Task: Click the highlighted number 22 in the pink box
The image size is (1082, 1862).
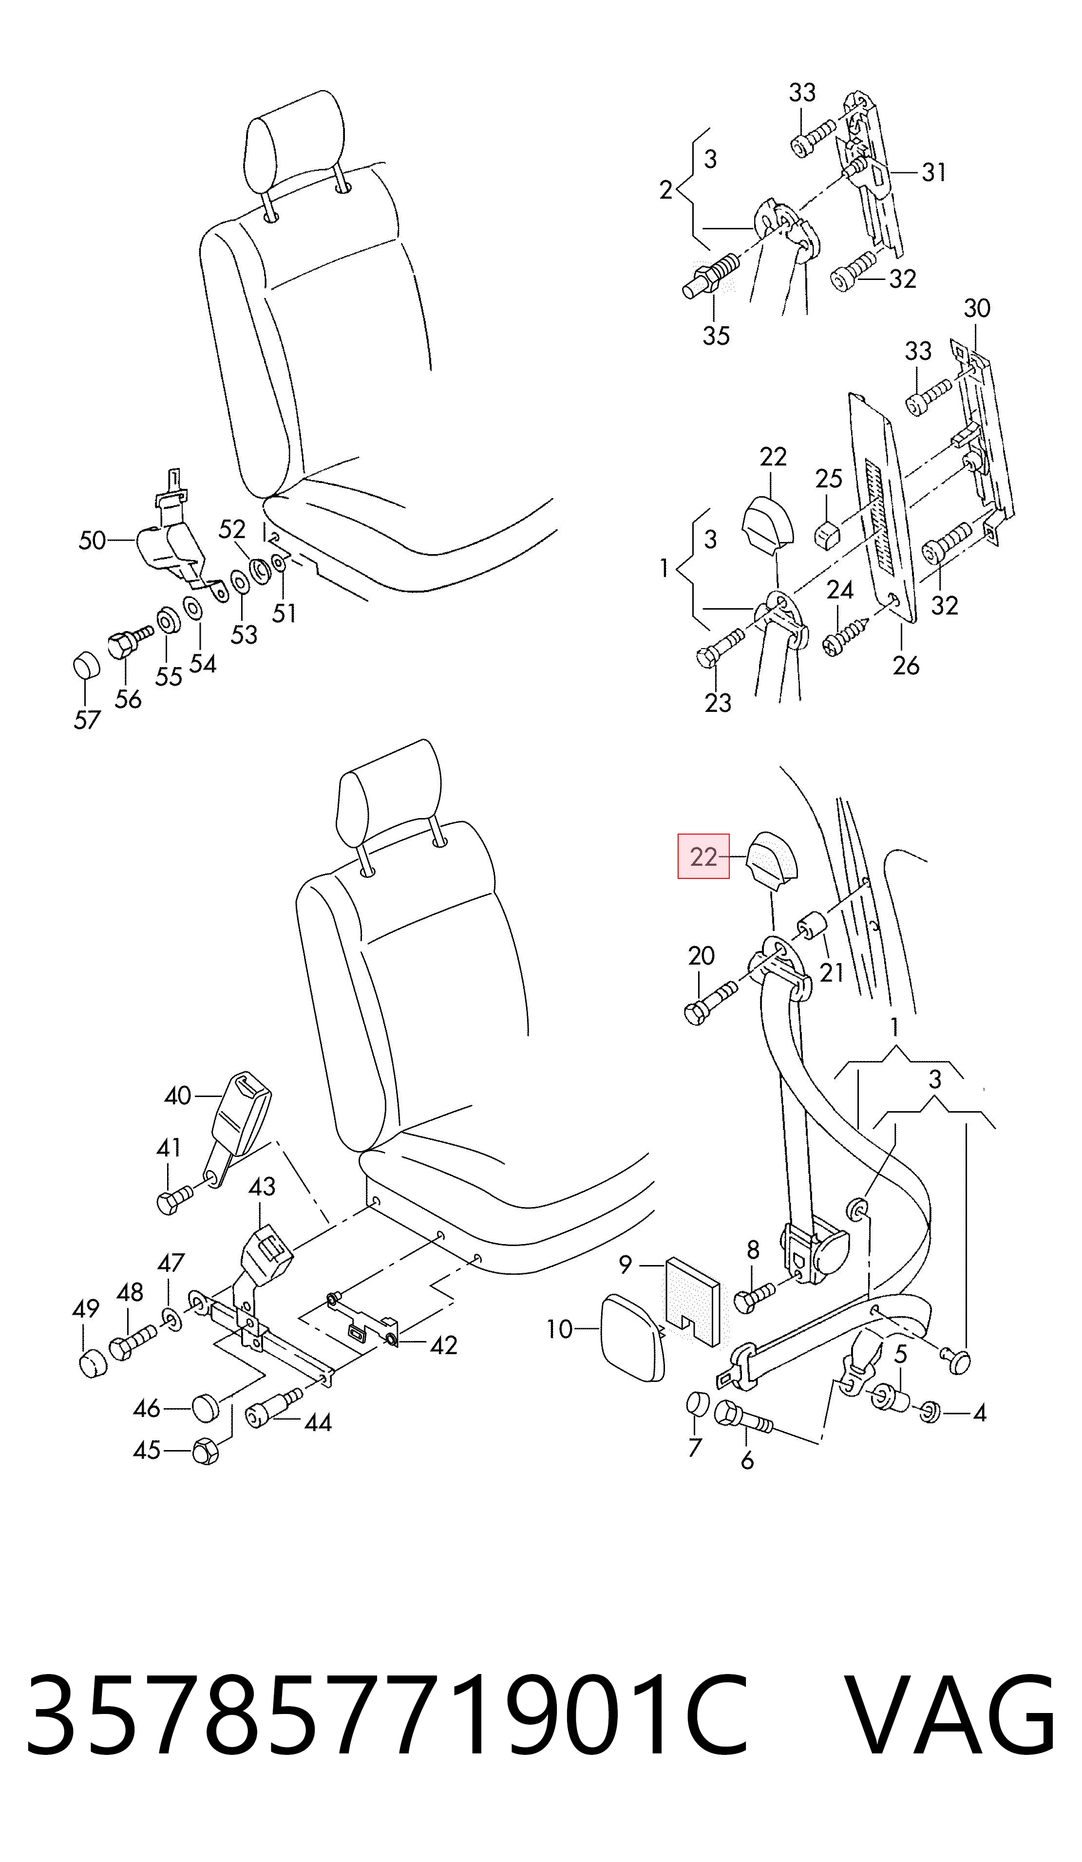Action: [703, 857]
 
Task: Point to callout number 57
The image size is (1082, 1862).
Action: [86, 719]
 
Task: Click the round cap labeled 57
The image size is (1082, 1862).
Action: [86, 665]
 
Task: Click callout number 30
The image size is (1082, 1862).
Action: [976, 308]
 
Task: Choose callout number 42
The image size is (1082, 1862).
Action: [443, 1345]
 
